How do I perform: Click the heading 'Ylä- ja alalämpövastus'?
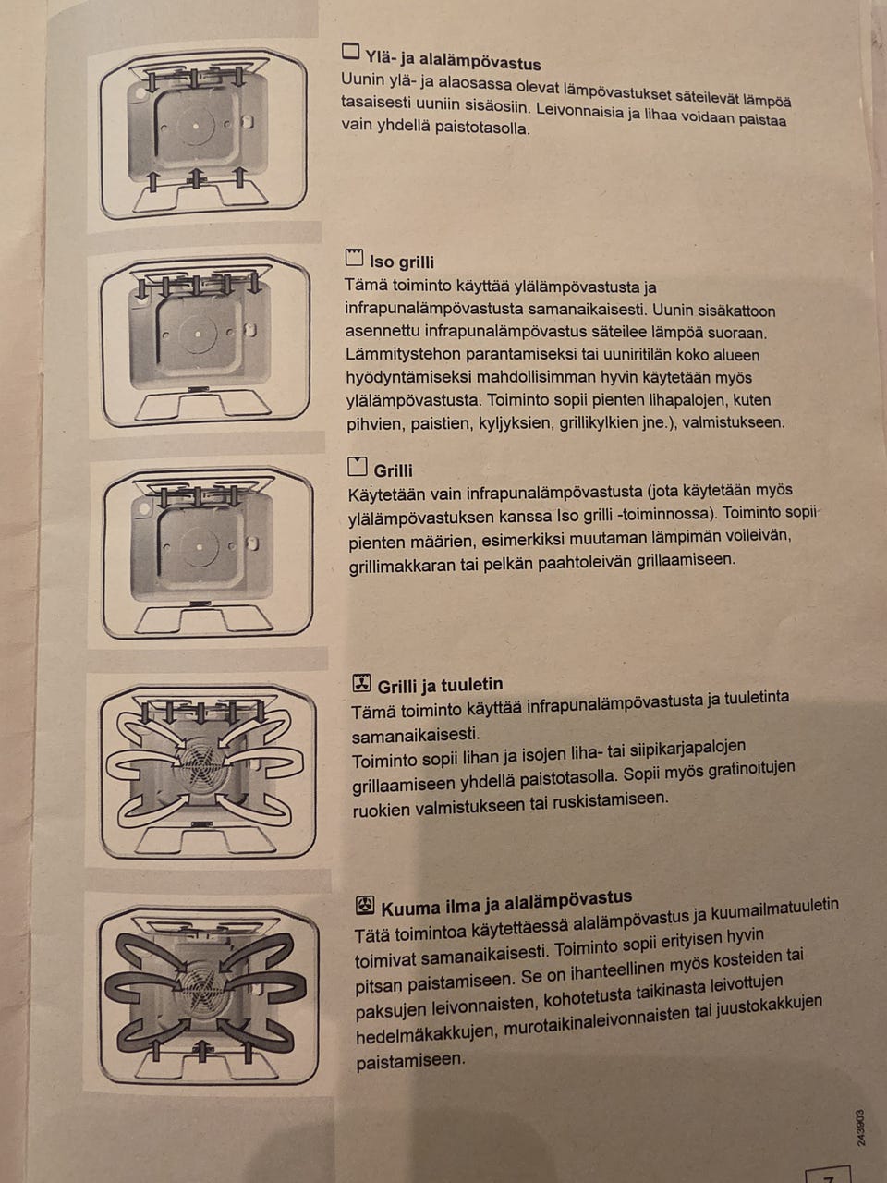click(x=453, y=60)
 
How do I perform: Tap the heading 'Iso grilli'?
click(x=402, y=262)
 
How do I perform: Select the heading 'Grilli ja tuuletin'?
click(x=440, y=686)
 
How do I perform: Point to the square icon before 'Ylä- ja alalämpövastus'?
click(x=350, y=51)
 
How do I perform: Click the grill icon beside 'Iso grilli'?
click(x=354, y=258)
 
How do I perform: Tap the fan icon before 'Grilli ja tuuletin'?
click(x=361, y=684)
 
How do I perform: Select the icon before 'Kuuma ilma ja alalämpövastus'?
click(x=365, y=906)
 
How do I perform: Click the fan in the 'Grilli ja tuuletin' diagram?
click(x=200, y=764)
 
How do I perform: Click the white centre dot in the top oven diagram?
click(x=196, y=127)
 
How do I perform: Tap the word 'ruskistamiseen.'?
click(x=608, y=799)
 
